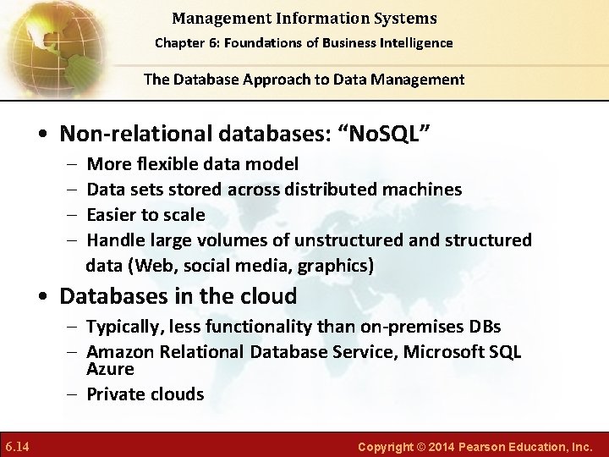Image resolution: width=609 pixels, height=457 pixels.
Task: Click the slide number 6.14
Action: pyautogui.click(x=17, y=445)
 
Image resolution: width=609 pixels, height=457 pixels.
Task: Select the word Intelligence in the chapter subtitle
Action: pyautogui.click(x=416, y=42)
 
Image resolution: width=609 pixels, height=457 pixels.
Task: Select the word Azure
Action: pyautogui.click(x=110, y=370)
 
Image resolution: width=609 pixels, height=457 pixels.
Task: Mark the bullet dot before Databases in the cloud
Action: pyautogui.click(x=41, y=297)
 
